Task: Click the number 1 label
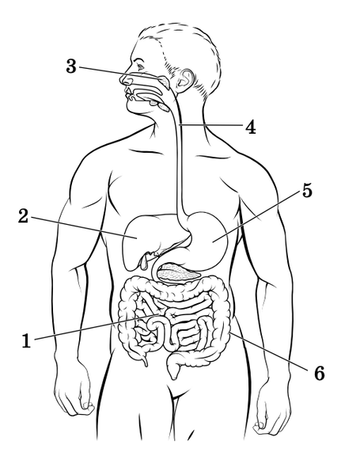[x=26, y=340]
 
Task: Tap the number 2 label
[x=23, y=217]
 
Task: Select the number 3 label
[x=71, y=66]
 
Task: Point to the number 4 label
[x=250, y=127]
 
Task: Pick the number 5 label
[x=307, y=191]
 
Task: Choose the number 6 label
[x=319, y=373]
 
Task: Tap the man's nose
[x=125, y=79]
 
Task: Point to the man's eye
[x=140, y=65]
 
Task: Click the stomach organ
[x=209, y=239]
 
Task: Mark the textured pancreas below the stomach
[x=179, y=272]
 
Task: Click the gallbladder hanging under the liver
[x=143, y=261]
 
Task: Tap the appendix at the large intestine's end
[x=145, y=360]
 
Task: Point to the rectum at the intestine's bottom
[x=173, y=368]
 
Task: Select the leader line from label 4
[x=211, y=124]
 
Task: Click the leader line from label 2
[x=84, y=228]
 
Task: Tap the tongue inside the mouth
[x=147, y=98]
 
